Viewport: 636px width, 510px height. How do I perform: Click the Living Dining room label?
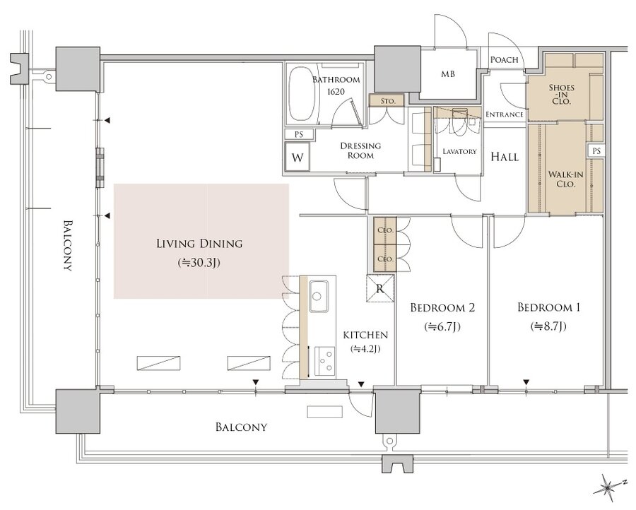click(x=199, y=244)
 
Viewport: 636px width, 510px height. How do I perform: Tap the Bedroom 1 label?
click(x=548, y=307)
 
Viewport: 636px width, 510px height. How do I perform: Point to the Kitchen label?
click(x=365, y=335)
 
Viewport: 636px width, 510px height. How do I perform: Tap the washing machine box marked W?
click(x=298, y=158)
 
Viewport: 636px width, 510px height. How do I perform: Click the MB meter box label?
click(x=448, y=73)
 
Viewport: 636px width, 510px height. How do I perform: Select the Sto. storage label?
click(x=387, y=102)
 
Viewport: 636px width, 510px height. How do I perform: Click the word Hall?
click(x=505, y=157)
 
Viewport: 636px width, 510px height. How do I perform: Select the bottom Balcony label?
click(x=241, y=427)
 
